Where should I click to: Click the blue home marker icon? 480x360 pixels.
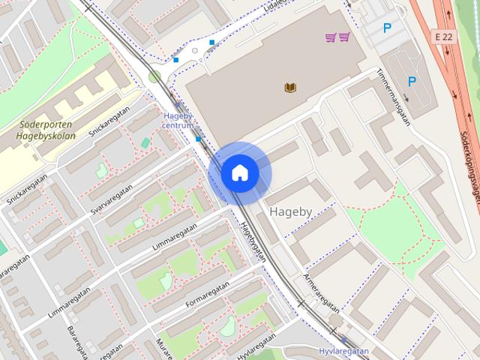(x=239, y=173)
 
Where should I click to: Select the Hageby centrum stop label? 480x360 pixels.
(x=178, y=120)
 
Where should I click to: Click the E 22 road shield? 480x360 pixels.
(x=445, y=36)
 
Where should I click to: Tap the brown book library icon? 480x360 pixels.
(x=291, y=88)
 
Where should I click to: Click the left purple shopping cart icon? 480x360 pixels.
(x=331, y=37)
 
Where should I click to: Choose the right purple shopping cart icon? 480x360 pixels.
(x=344, y=37)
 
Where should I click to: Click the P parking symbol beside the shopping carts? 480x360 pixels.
(x=387, y=29)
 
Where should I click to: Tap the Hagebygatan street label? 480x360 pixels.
(x=253, y=241)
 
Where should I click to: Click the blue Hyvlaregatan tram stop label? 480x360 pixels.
(x=344, y=350)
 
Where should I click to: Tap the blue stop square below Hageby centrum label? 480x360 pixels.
(x=198, y=139)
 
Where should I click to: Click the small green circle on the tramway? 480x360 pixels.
(x=154, y=76)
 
